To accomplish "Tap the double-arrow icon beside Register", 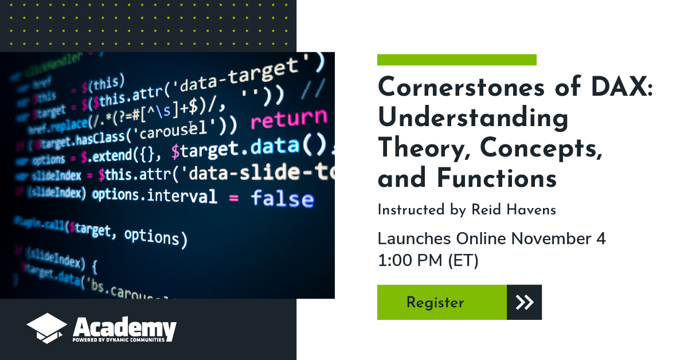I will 524,302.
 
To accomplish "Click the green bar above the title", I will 456,60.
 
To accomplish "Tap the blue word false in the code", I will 282,199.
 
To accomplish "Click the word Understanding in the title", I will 473,119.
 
